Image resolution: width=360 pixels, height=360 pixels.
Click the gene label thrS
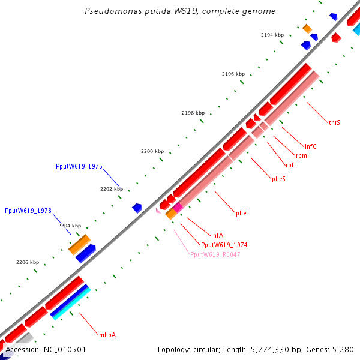point(334,122)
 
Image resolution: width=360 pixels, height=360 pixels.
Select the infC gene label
point(310,146)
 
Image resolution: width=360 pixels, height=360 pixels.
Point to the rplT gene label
point(290,165)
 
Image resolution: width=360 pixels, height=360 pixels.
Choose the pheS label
point(278,179)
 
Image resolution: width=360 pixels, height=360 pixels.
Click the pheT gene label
point(242,213)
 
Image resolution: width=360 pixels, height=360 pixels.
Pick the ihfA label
point(217,235)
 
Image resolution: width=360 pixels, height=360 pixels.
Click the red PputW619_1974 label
point(224,245)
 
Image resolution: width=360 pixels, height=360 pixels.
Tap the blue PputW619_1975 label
point(79,166)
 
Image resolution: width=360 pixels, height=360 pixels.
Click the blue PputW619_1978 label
point(28,211)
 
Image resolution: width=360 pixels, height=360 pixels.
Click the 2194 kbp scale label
point(272,35)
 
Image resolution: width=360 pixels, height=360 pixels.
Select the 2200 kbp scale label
point(152,151)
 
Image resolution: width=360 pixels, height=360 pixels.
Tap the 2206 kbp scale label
point(27,262)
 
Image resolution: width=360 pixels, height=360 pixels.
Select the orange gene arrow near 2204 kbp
point(79,244)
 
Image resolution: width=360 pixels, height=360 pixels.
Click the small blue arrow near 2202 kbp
point(137,208)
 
